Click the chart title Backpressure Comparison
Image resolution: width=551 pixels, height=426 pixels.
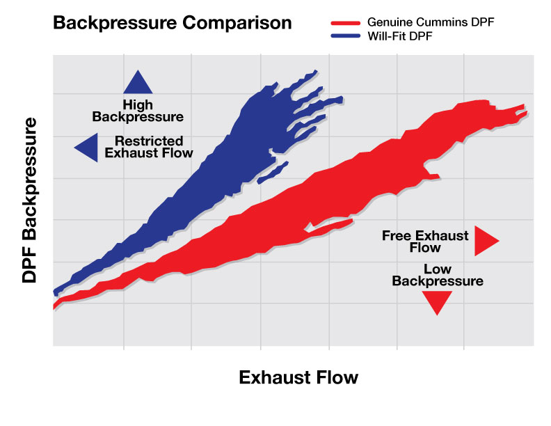(x=172, y=22)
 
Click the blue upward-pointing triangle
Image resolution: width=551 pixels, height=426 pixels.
(x=138, y=84)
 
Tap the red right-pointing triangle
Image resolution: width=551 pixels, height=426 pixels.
(x=486, y=240)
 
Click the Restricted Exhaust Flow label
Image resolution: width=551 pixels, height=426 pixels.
(x=149, y=146)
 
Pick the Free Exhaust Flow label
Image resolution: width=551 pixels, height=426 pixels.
(x=424, y=241)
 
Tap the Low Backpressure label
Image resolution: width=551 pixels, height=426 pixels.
(x=437, y=275)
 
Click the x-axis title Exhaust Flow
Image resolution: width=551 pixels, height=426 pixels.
(x=298, y=377)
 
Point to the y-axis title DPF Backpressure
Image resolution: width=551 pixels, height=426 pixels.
(x=29, y=200)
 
